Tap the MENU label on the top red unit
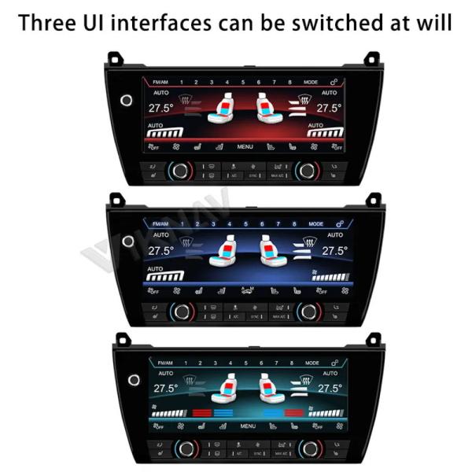coord(245,146)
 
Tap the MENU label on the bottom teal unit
coord(248,426)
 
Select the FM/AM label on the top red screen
coord(160,82)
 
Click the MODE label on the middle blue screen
coord(315,223)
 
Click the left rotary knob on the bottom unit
coord(186,448)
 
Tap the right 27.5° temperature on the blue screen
coord(334,251)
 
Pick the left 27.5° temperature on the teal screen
coord(165,389)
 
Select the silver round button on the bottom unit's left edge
coord(134,381)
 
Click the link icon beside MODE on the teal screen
coord(334,363)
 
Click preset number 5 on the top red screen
coord(243,82)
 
